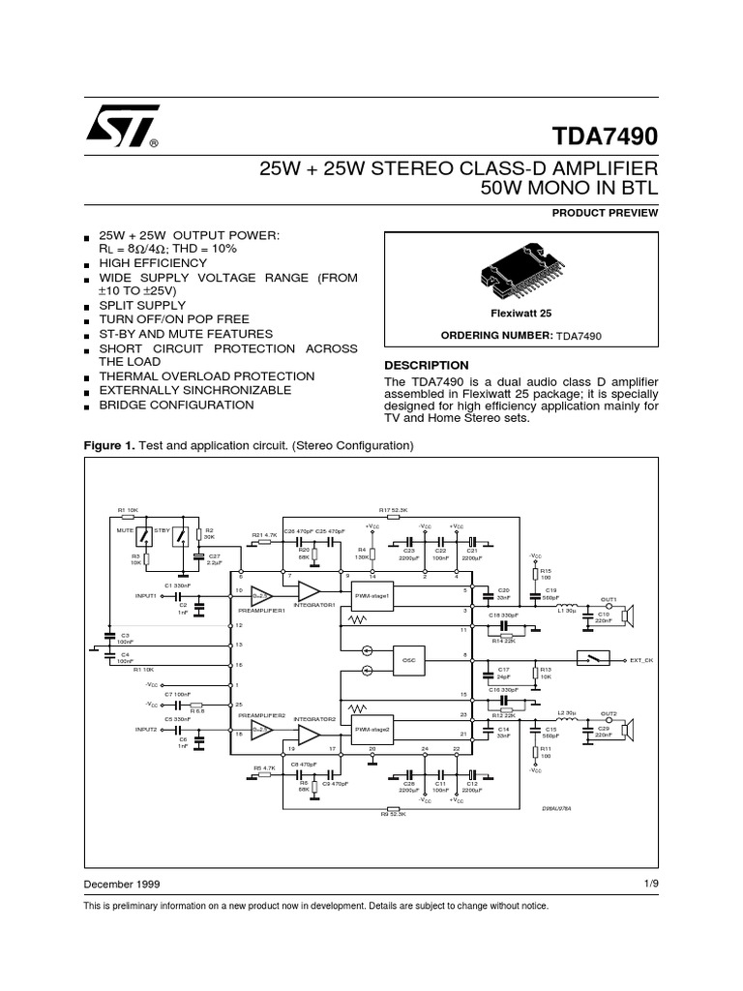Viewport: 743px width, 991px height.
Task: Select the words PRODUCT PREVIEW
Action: [x=605, y=212]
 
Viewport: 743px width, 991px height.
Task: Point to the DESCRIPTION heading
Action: [x=427, y=365]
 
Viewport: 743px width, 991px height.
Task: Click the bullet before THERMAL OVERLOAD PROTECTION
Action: [x=87, y=377]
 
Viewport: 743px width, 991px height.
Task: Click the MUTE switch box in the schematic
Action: [x=144, y=536]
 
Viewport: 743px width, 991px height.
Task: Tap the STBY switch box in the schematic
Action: [x=179, y=536]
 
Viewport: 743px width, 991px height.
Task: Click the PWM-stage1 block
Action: [x=371, y=596]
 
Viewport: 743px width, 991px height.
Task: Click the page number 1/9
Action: [x=649, y=884]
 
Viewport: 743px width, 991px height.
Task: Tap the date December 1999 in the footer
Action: [x=122, y=885]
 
